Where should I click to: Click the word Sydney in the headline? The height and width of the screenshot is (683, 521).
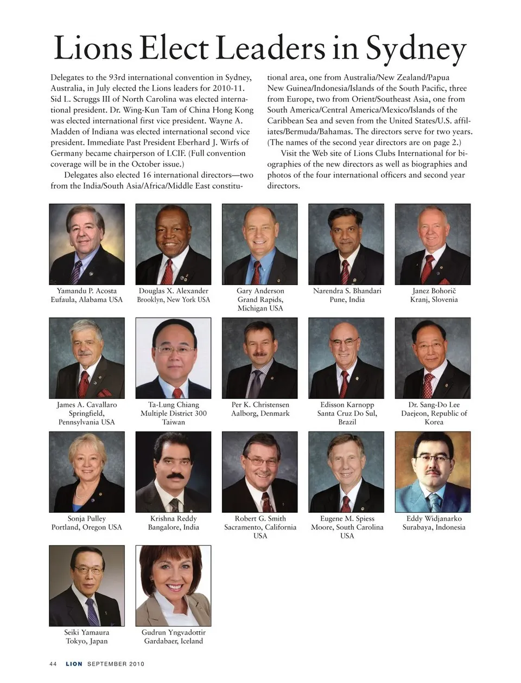click(416, 49)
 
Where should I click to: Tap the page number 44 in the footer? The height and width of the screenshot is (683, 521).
click(53, 664)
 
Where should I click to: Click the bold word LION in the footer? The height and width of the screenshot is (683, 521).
click(74, 664)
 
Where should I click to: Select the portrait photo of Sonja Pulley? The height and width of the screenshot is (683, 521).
click(87, 472)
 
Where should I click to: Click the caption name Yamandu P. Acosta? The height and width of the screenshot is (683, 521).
click(87, 291)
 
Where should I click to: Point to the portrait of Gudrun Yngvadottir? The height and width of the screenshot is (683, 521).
click(173, 585)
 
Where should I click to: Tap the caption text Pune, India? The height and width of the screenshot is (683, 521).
click(347, 300)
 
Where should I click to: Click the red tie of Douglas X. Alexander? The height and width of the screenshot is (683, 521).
click(169, 271)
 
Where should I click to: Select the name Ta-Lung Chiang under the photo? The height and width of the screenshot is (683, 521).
click(173, 405)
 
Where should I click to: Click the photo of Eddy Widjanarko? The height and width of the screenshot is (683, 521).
click(433, 472)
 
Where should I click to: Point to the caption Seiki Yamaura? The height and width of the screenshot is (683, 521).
click(87, 633)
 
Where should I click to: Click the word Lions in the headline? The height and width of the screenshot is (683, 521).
click(93, 49)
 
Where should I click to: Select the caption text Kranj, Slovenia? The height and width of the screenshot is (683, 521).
click(434, 300)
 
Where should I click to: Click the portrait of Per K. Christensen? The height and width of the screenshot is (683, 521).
click(260, 358)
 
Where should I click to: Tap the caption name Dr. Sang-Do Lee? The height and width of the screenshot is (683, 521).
click(434, 405)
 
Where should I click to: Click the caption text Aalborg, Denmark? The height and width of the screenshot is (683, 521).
click(260, 414)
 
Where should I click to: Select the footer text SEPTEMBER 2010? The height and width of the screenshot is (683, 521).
click(116, 664)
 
